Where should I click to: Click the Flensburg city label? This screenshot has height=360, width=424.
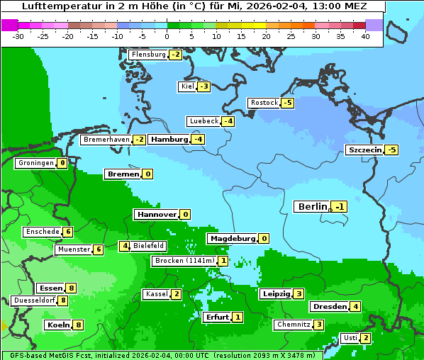click(x=148, y=55)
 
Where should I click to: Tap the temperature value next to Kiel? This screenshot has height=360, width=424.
click(x=204, y=86)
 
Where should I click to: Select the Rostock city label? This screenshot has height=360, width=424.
click(x=264, y=103)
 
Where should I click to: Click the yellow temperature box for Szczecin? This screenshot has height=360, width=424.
click(x=391, y=150)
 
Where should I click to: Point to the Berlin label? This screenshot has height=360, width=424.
click(x=313, y=206)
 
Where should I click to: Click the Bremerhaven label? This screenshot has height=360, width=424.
click(x=106, y=140)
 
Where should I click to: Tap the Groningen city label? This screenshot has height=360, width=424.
click(x=35, y=163)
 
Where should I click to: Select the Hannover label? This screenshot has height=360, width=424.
click(x=157, y=214)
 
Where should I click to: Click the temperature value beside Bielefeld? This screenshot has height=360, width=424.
click(x=125, y=246)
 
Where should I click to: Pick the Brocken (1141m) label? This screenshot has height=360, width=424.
click(x=184, y=261)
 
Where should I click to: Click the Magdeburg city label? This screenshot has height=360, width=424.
click(x=232, y=238)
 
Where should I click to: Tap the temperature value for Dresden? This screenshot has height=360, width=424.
click(x=355, y=306)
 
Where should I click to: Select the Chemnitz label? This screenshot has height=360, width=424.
click(x=293, y=325)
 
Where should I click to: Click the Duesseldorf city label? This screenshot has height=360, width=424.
click(x=34, y=300)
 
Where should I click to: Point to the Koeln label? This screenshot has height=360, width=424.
click(x=57, y=325)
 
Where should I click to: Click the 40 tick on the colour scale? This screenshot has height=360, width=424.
click(x=365, y=36)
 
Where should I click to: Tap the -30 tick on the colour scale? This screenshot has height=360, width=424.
click(x=19, y=36)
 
